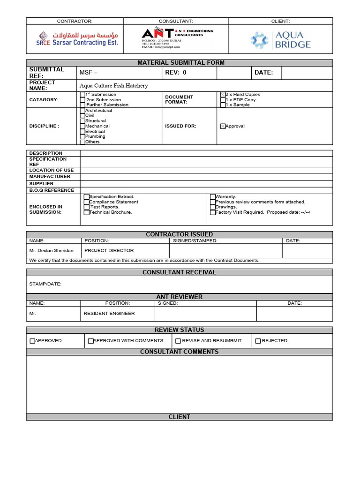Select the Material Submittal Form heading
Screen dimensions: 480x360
pyautogui.click(x=180, y=63)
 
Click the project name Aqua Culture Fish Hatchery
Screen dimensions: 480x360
pyautogui.click(x=113, y=86)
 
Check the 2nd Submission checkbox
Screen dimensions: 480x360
pyautogui.click(x=82, y=100)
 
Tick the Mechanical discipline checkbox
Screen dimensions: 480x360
pyautogui.click(x=82, y=126)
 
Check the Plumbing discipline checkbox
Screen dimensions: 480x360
pyautogui.click(x=82, y=137)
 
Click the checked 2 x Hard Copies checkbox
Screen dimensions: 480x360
pyautogui.click(x=223, y=95)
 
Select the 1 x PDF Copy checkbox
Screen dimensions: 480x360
pyautogui.click(x=223, y=100)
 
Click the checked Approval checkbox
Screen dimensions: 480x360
pyautogui.click(x=223, y=126)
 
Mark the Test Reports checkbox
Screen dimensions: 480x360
pyautogui.click(x=86, y=207)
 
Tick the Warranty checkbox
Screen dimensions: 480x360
pyautogui.click(x=212, y=197)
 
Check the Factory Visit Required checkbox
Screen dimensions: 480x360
pyautogui.click(x=212, y=212)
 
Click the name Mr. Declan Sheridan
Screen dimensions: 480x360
pyautogui.click(x=51, y=250)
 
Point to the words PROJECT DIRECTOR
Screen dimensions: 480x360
pyautogui.click(x=109, y=250)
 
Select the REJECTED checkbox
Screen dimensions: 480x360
pyautogui.click(x=258, y=341)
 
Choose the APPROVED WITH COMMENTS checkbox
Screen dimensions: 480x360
pyautogui.click(x=90, y=341)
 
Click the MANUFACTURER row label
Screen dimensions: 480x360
pyautogui.click(x=50, y=177)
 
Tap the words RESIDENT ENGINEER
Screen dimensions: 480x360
pyautogui.click(x=109, y=313)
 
